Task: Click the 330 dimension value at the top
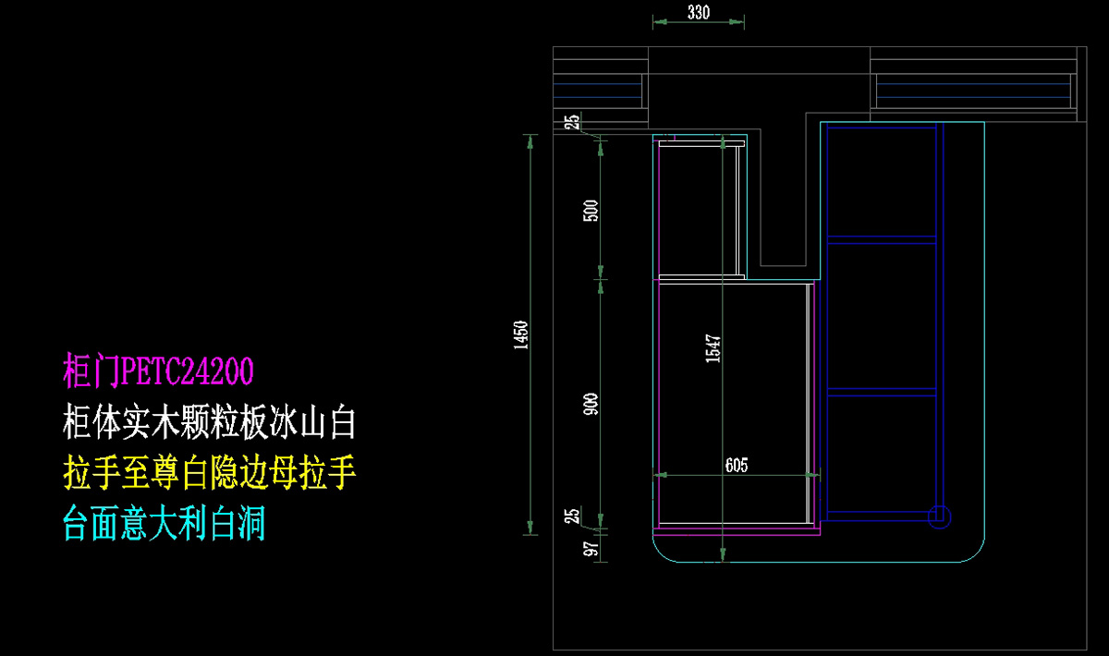[x=698, y=12]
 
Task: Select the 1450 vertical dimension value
[x=521, y=335]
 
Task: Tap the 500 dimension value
[x=591, y=211]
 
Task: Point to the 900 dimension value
[x=591, y=404]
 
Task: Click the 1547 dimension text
[x=713, y=348]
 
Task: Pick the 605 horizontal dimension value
[x=737, y=465]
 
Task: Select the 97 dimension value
[x=591, y=549]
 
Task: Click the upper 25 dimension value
[x=572, y=122]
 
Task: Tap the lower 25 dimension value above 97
[x=572, y=516]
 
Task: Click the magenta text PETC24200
[x=187, y=371]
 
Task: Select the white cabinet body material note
[x=210, y=422]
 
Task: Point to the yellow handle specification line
[x=210, y=473]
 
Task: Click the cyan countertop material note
[x=165, y=523]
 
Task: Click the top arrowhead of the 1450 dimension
[x=530, y=141]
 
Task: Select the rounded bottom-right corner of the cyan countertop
[x=978, y=555]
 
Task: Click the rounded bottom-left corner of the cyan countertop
[x=660, y=555]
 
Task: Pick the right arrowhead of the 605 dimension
[x=813, y=475]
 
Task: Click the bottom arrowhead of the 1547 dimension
[x=723, y=555]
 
